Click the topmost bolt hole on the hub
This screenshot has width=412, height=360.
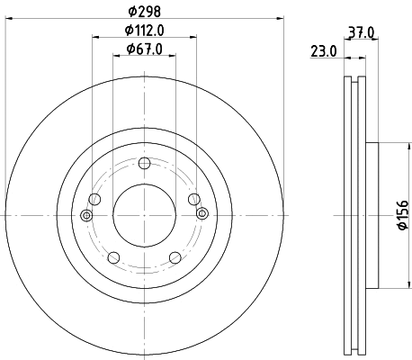coord(144,163)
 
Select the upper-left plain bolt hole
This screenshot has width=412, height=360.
coord(95,199)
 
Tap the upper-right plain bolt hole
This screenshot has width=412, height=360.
coord(192,199)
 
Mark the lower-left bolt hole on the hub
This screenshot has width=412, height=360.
coord(114,256)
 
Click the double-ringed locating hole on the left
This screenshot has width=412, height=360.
coord(86,214)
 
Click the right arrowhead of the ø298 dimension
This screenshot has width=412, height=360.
coord(280,16)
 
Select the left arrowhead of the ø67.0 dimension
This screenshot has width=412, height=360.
coord(116,57)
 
